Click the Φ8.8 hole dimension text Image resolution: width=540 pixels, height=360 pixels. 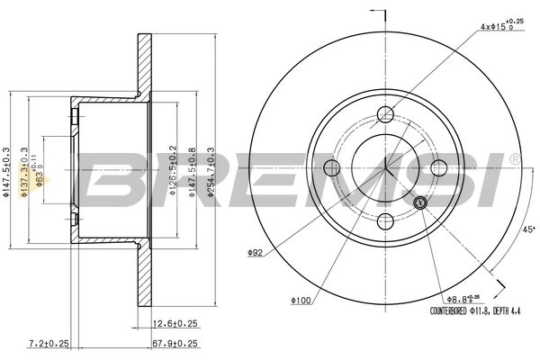(464, 298)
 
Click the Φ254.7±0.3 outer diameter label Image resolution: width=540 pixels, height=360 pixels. (211, 171)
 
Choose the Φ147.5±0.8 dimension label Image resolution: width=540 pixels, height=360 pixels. (192, 171)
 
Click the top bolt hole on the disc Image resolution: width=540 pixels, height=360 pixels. (385, 113)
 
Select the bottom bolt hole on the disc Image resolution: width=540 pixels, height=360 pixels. (385, 221)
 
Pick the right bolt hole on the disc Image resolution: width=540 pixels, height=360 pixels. (439, 167)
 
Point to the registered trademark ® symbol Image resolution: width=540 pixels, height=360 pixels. (514, 158)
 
